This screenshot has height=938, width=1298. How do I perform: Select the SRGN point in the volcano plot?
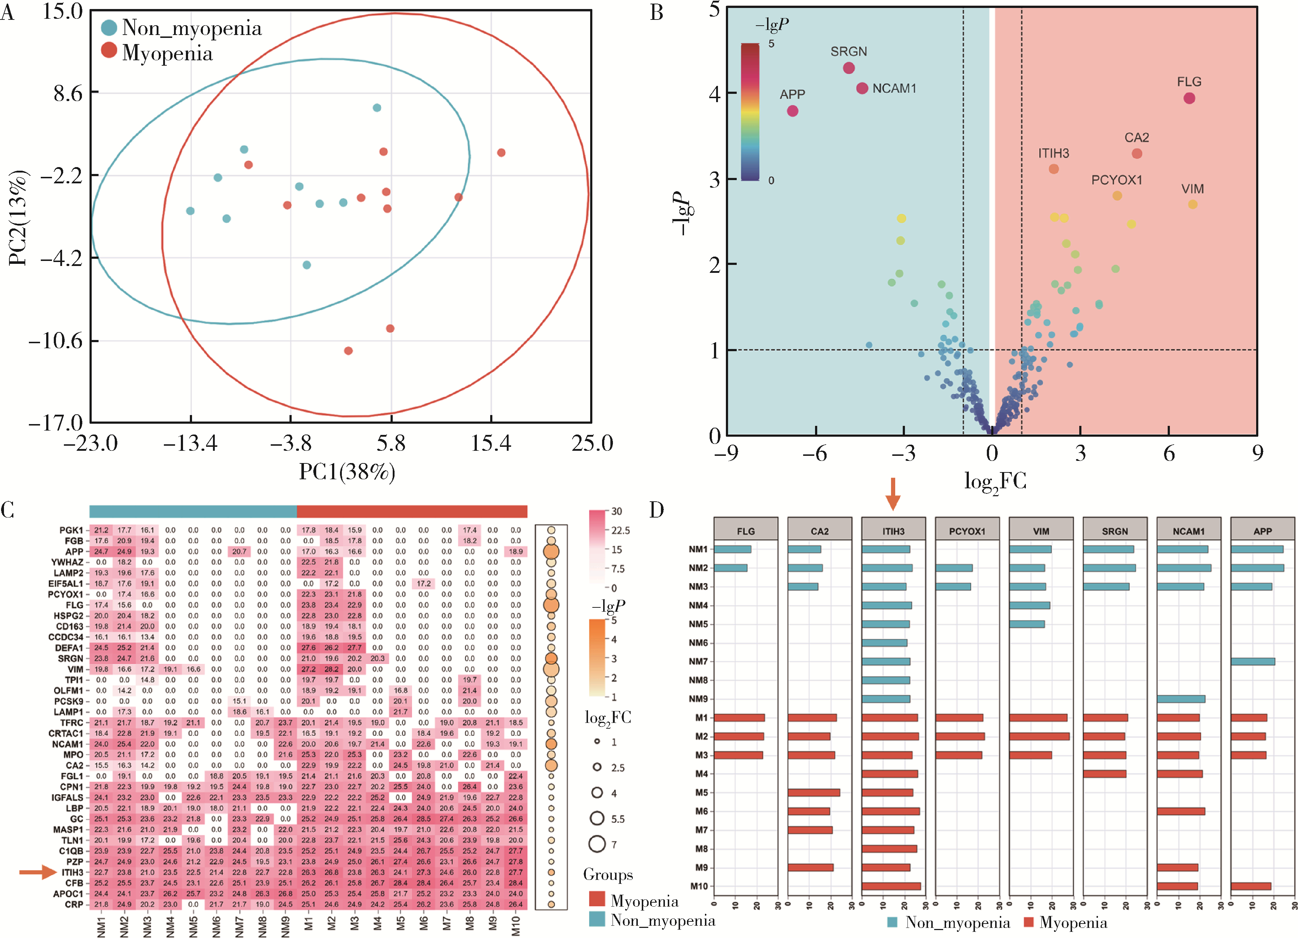pos(849,68)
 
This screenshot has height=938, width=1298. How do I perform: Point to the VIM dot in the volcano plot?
pos(1192,204)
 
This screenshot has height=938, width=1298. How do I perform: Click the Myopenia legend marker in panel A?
pos(109,51)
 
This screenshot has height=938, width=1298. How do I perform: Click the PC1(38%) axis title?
pos(347,472)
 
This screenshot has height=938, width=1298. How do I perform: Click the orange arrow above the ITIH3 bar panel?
pos(893,493)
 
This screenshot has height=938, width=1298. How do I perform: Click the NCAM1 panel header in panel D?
pos(1188,531)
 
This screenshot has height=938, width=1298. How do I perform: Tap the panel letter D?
pos(657,509)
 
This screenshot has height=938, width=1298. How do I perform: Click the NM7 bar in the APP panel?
pos(1253,662)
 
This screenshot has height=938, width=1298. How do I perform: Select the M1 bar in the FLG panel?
pos(739,717)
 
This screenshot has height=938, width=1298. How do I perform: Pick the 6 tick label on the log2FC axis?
pos(1169,454)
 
